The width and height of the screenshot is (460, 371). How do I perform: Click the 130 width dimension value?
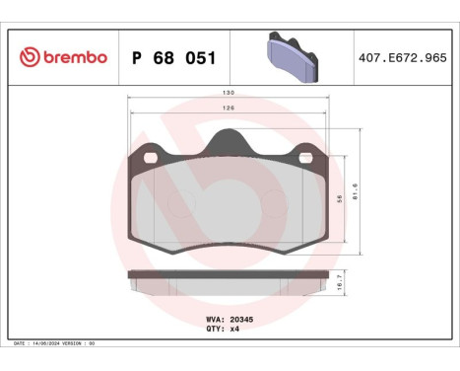click(x=229, y=96)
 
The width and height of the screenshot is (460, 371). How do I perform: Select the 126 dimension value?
click(x=229, y=110)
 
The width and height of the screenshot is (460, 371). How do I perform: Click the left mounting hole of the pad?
click(x=151, y=156)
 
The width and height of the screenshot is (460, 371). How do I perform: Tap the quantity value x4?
click(x=235, y=331)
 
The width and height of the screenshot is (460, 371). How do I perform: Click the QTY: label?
click(x=216, y=331)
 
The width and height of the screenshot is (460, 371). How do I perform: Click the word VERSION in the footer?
click(x=78, y=342)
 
